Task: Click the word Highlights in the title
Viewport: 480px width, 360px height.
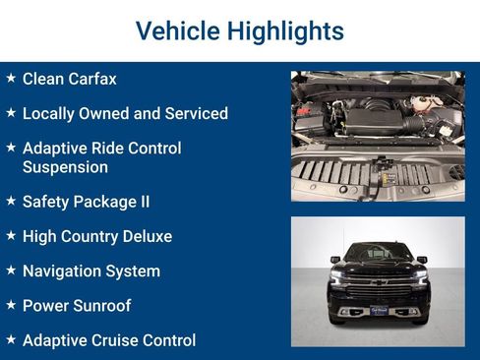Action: (284, 30)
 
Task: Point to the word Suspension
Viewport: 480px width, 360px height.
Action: (65, 167)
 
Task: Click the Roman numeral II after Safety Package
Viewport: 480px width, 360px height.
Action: (144, 202)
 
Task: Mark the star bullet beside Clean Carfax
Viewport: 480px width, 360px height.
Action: (11, 77)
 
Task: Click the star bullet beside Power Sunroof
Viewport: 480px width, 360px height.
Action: (11, 305)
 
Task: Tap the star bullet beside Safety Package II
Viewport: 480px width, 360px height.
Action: (11, 201)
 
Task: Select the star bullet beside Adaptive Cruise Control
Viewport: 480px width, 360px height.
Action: (11, 339)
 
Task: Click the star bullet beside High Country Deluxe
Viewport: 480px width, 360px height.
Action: (11, 235)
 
